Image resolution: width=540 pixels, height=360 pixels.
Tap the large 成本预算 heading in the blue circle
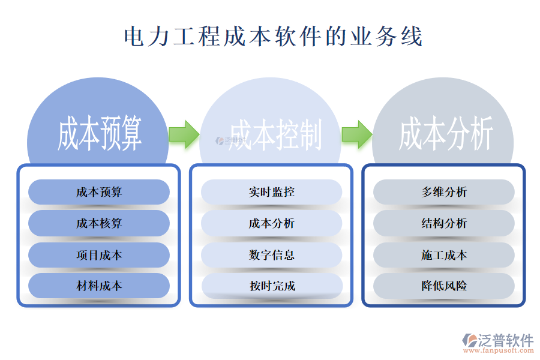(100, 133)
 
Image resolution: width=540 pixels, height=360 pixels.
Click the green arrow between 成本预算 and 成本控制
(184, 134)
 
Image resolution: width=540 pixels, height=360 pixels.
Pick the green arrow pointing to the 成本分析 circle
(356, 134)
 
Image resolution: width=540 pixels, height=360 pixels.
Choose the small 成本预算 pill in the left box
(99, 192)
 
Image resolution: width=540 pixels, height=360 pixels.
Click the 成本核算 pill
(99, 223)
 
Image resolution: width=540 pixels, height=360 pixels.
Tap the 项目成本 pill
(99, 255)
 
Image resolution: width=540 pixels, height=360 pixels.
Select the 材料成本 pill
(99, 286)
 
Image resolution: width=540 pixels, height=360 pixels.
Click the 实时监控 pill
(271, 192)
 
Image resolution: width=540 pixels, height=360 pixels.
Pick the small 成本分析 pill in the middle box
(271, 223)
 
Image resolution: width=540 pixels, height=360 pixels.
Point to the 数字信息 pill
(271, 255)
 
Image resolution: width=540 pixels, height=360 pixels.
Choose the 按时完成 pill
(271, 286)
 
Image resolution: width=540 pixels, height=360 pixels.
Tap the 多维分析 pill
(444, 192)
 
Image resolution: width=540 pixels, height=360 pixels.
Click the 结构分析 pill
(444, 223)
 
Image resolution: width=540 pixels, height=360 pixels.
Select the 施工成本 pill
(444, 255)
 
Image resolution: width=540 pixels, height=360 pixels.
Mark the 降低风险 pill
(444, 286)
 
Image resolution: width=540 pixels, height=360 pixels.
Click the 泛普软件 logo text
(505, 340)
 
